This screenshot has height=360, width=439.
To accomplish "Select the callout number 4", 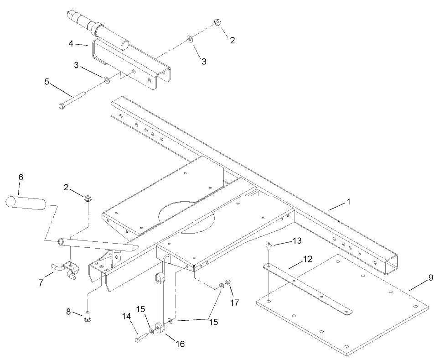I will coord(71,44).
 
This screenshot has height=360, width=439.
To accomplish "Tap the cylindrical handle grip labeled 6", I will coord(26,202).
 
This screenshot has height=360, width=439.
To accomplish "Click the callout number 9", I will coord(430,277).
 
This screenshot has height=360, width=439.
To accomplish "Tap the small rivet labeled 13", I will coord(269,247).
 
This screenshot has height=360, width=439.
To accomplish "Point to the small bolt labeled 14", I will coord(139,339).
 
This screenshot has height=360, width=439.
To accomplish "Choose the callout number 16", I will coord(181,344).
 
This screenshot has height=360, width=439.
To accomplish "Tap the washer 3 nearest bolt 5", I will coord(106,81).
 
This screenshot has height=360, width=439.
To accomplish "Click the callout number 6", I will coord(21,177).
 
